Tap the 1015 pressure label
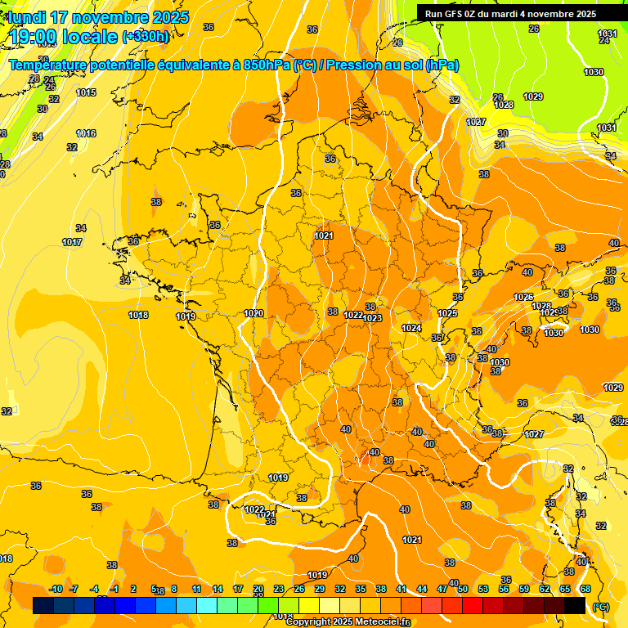tap(86, 92)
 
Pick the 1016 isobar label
tap(86, 133)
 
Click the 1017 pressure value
tap(72, 242)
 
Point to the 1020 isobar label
tap(253, 313)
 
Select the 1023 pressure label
tap(373, 318)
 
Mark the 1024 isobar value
tap(411, 328)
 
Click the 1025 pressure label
tap(447, 313)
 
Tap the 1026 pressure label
tap(523, 297)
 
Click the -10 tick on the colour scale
tap(56, 589)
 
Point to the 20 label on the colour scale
tap(258, 589)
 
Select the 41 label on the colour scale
tap(401, 589)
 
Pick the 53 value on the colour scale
tap(483, 589)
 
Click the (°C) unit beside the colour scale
tap(601, 606)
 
